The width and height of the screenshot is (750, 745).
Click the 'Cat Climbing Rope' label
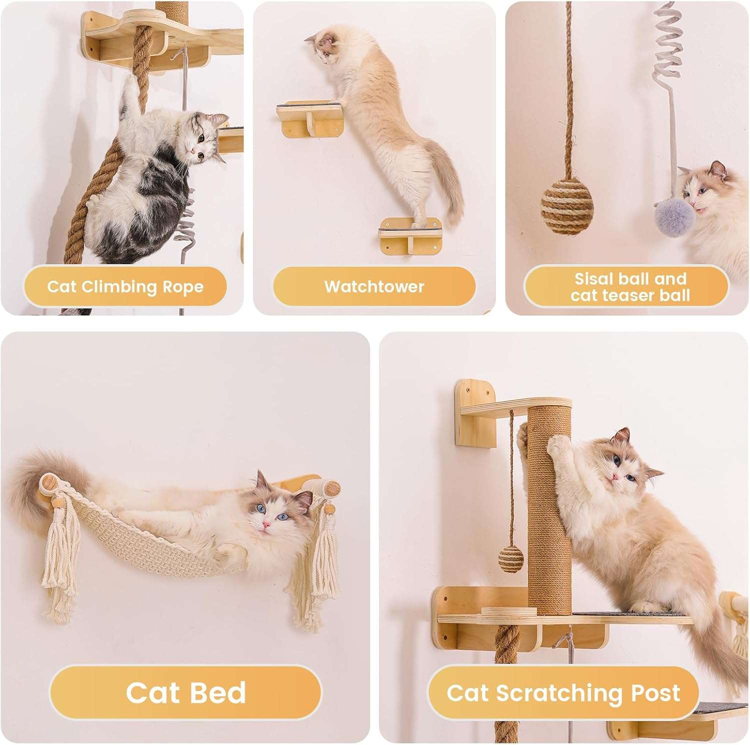coord(125,287)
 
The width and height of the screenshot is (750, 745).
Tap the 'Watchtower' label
coord(374,287)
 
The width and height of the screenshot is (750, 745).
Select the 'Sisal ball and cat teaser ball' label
coord(630,287)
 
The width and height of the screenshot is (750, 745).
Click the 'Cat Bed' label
coord(185,692)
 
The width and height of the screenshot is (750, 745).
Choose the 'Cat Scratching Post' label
coord(563,692)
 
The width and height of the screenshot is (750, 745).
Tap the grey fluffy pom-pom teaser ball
coord(674,215)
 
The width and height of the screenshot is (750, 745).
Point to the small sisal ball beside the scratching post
coord(510,558)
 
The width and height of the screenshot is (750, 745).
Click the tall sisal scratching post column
coord(550,510)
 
